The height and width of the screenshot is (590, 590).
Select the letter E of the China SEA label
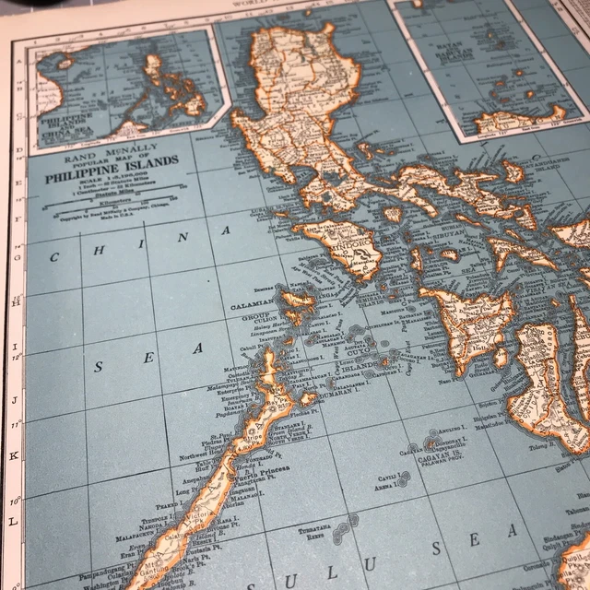[x=147, y=358]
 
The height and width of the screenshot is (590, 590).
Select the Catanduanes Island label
[x=546, y=167]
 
